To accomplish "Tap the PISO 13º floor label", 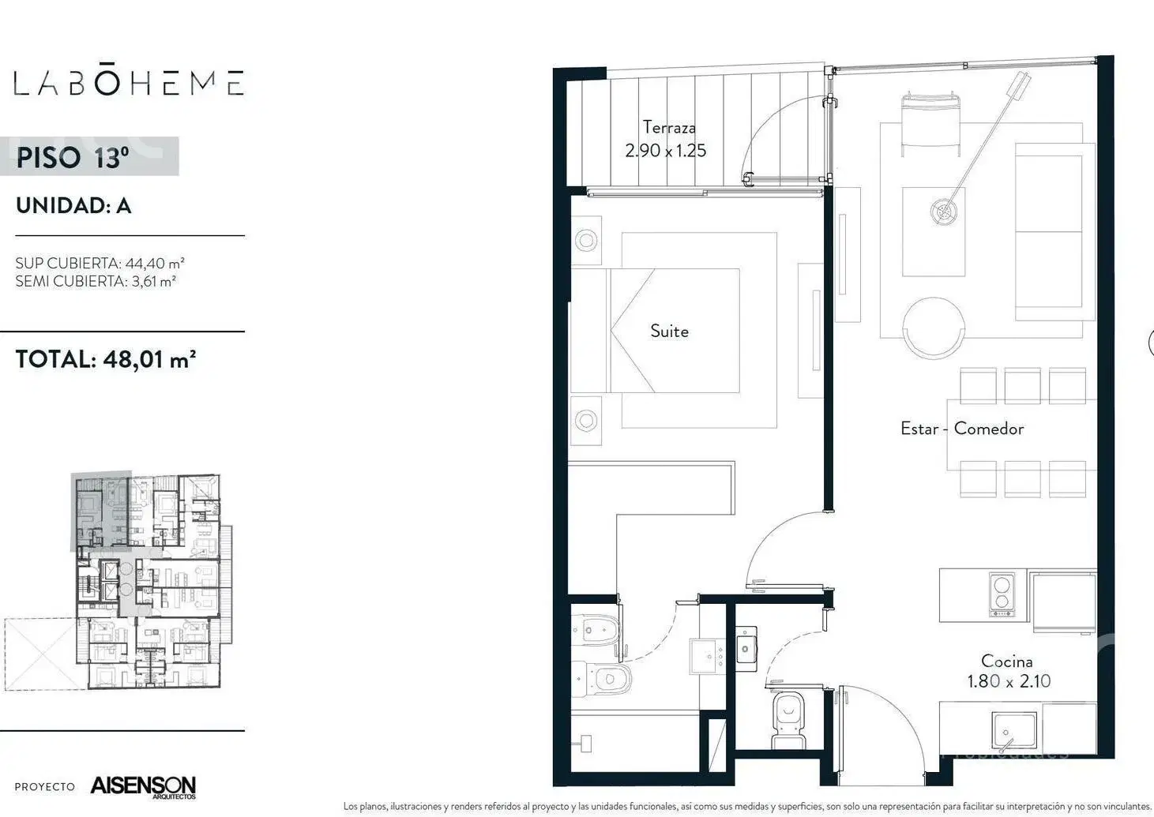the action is click(x=73, y=157).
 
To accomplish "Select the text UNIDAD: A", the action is click(x=73, y=205).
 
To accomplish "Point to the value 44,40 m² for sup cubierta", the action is click(x=155, y=263).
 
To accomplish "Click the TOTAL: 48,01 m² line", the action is click(x=106, y=359).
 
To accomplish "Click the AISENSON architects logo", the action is click(x=143, y=786).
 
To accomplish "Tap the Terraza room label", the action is click(x=669, y=127).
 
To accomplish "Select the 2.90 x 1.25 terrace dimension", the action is click(x=666, y=150).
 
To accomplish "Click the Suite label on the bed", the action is click(x=669, y=331).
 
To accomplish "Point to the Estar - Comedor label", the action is click(x=962, y=429).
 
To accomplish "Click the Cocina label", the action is click(x=1006, y=661).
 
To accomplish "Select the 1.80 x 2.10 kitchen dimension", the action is click(x=1009, y=681).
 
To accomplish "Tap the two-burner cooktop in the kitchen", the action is click(x=1002, y=594).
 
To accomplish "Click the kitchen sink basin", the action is click(x=1014, y=731).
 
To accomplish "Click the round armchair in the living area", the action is click(x=933, y=328).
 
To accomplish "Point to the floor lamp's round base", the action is click(x=944, y=211).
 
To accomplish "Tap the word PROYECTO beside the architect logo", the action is click(x=45, y=787).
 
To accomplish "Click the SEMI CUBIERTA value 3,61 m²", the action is click(x=154, y=281).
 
